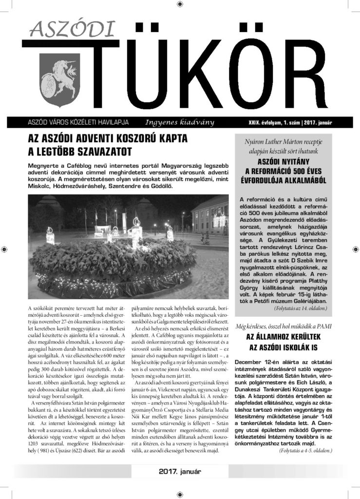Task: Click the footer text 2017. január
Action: (x=180, y=472)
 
